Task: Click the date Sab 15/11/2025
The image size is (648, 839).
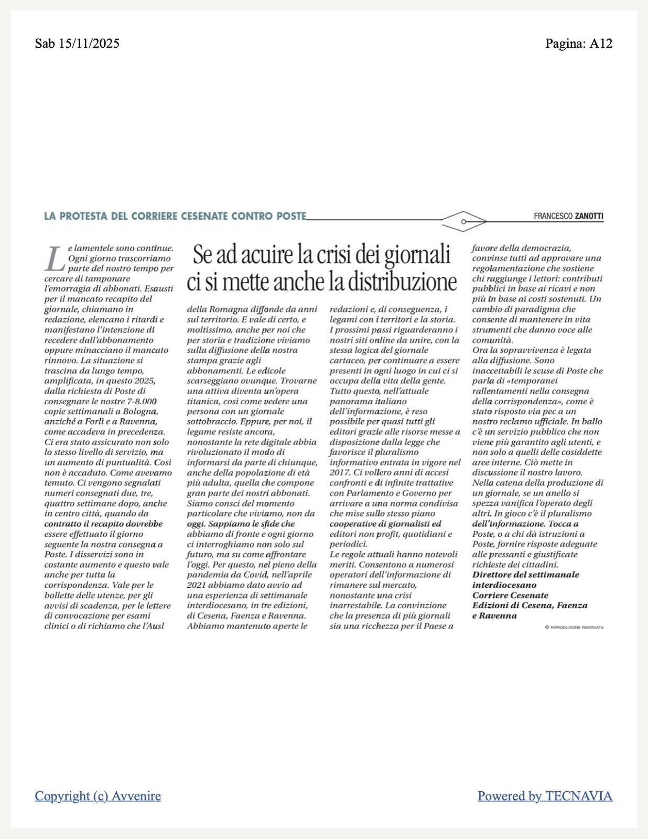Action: point(77,43)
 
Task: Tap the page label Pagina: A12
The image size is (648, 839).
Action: point(578,43)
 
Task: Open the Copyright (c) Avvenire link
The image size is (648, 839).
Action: point(98,796)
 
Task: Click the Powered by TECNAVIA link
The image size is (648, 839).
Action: point(545,796)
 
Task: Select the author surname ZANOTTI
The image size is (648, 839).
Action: point(589,216)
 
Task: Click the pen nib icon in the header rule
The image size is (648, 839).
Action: point(464,221)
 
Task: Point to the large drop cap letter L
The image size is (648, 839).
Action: point(53,259)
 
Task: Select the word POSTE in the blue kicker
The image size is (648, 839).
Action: point(291,216)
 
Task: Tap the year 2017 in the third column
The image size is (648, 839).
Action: point(339,472)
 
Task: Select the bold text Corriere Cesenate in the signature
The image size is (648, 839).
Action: point(510,595)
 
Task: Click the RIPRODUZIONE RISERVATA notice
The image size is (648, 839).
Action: point(574,627)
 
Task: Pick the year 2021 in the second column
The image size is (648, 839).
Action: point(197,585)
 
